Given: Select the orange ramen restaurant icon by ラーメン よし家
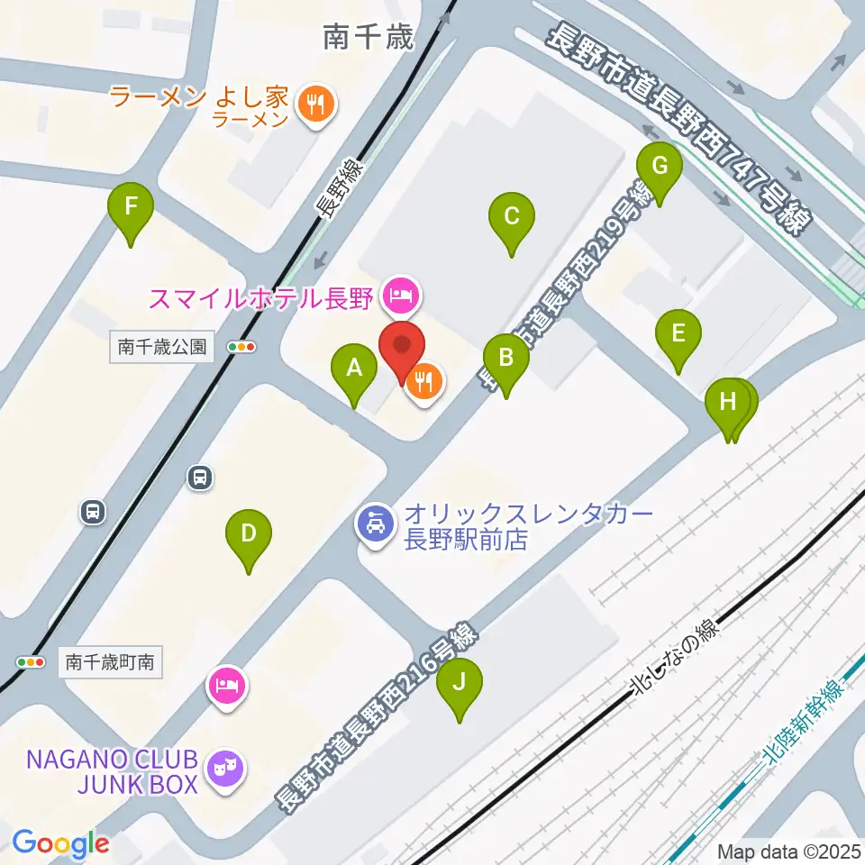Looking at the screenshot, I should coord(314,105).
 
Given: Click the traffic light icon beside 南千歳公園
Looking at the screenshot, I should coord(241,346).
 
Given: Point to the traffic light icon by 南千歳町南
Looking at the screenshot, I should coord(31,662).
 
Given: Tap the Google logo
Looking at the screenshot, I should coord(60,844).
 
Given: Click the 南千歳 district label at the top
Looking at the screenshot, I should coord(369,37).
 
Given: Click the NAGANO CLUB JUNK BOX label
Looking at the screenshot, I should coord(112,771).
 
